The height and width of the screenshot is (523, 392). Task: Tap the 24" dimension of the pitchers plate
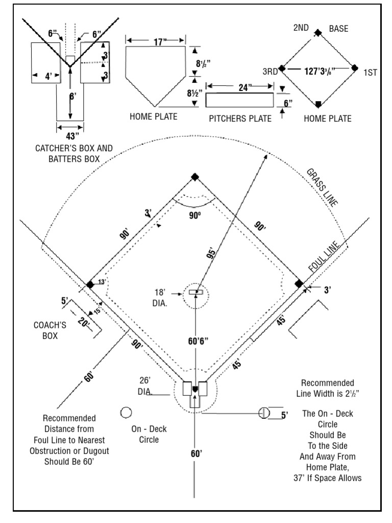pos(240,86)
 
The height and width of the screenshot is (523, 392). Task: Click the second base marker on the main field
pos(194,177)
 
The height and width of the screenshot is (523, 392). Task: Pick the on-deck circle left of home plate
pos(126,412)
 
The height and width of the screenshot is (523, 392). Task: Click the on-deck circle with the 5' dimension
pos(264,413)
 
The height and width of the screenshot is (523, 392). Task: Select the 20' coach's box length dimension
pos(84,322)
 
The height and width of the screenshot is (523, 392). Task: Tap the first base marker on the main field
pos(299,283)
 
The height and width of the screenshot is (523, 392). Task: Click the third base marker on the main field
pos(90,284)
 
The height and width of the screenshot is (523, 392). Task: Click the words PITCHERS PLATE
pos(240,119)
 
